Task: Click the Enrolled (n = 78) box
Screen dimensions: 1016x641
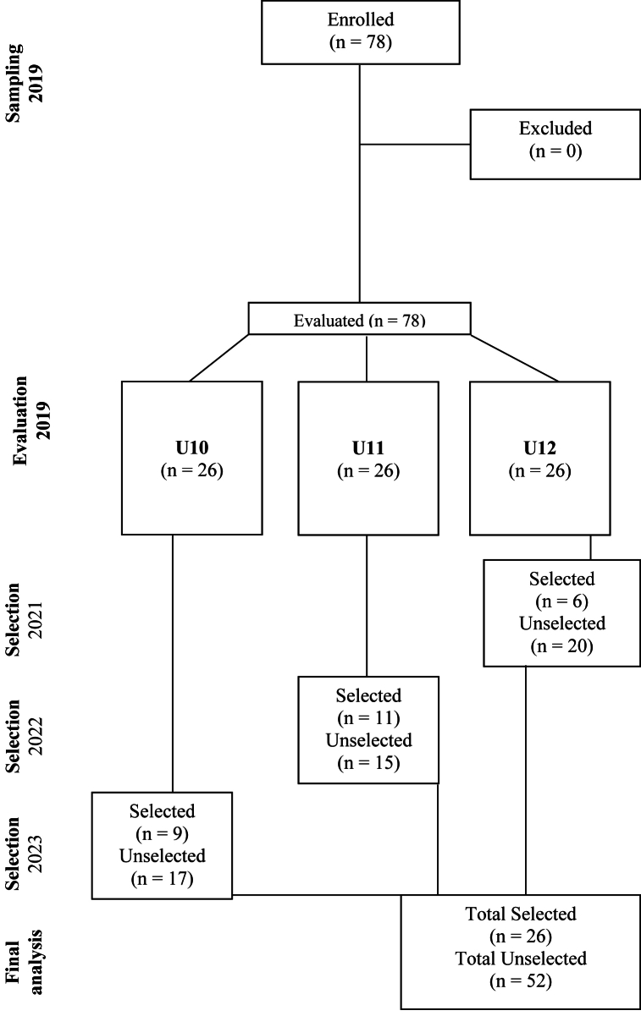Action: [x=361, y=31]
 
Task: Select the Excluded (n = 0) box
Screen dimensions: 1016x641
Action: [x=555, y=144]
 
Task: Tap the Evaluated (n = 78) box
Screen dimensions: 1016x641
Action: [x=359, y=320]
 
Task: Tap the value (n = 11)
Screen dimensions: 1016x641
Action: [x=367, y=718]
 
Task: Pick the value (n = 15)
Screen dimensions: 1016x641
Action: [x=367, y=762]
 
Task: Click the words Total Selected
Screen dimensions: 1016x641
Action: [x=521, y=914]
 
